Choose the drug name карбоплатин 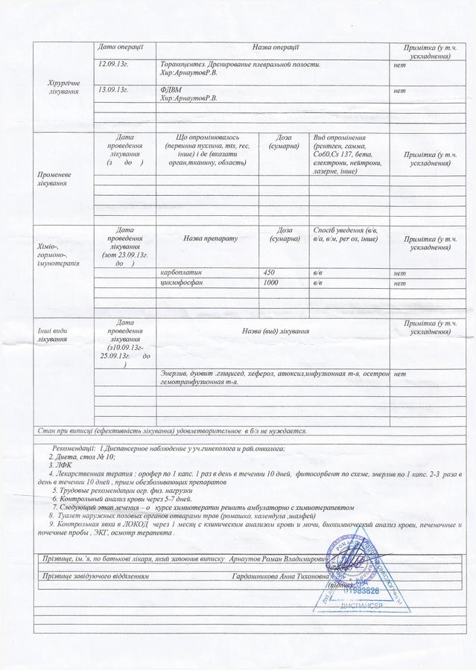click(181, 272)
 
